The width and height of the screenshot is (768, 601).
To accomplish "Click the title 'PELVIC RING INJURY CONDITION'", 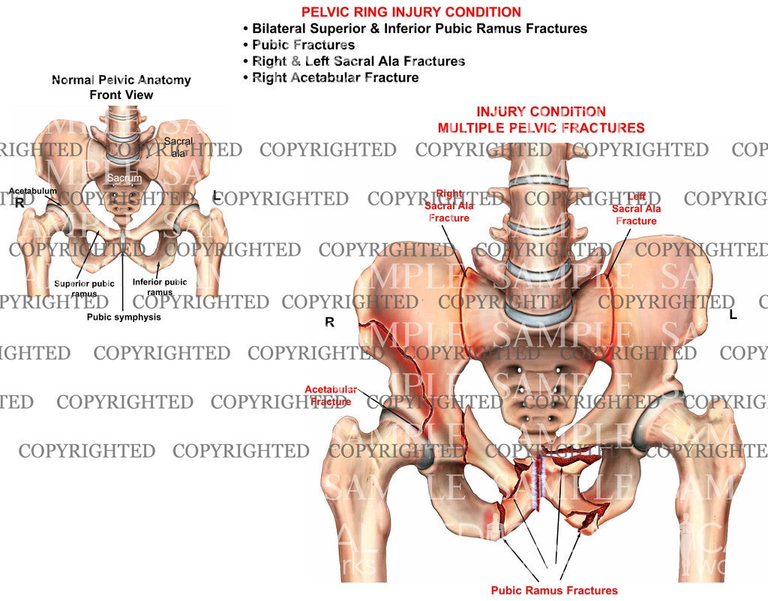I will click(410, 12).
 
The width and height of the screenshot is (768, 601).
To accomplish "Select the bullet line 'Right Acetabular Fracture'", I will click(335, 77).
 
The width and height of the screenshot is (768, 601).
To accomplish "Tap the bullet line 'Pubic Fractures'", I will click(303, 45).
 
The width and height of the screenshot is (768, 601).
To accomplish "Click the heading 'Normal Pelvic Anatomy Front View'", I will click(121, 87).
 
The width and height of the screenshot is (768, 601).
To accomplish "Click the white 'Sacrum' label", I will click(121, 178).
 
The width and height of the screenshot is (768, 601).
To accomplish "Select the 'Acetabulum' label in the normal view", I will click(32, 191).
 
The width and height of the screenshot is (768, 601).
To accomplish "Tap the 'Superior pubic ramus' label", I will click(84, 288).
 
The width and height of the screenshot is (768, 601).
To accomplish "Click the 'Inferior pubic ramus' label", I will click(160, 287).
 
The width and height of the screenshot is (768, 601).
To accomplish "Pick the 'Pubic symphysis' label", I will click(122, 317).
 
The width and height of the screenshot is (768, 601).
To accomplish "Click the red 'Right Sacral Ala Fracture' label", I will click(448, 206).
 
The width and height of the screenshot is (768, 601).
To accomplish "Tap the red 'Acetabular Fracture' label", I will click(331, 395).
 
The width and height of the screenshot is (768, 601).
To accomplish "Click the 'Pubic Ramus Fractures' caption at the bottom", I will click(554, 590).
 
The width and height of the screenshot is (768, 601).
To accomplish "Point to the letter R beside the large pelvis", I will click(328, 323).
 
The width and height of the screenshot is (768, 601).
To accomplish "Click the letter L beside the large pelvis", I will click(733, 315).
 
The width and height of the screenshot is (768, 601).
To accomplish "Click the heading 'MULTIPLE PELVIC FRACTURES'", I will click(541, 128).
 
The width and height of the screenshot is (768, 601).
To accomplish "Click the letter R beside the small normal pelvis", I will click(19, 203).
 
